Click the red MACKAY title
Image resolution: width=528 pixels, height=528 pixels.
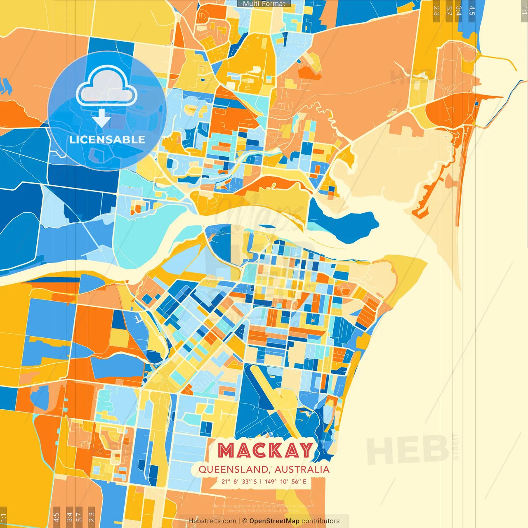(265, 450)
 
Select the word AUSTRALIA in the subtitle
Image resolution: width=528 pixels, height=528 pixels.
(302, 469)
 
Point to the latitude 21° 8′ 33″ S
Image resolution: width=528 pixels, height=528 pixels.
(239, 481)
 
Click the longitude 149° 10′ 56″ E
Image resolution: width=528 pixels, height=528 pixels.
(285, 481)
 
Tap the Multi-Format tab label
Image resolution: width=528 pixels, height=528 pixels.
(264, 4)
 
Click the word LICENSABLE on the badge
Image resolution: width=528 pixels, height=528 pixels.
(107, 139)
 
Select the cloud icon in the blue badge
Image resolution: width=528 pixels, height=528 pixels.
(106, 87)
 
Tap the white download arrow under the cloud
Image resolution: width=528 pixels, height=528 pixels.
(101, 118)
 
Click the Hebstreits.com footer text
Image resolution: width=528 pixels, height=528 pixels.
(212, 521)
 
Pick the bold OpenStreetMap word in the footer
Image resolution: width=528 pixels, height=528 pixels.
(274, 521)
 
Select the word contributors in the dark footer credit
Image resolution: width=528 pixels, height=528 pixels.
(321, 521)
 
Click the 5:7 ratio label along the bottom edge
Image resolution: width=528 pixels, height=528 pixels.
(79, 516)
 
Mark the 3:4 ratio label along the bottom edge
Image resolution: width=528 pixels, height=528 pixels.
(69, 516)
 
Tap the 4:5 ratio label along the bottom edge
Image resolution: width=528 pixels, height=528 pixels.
(56, 516)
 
